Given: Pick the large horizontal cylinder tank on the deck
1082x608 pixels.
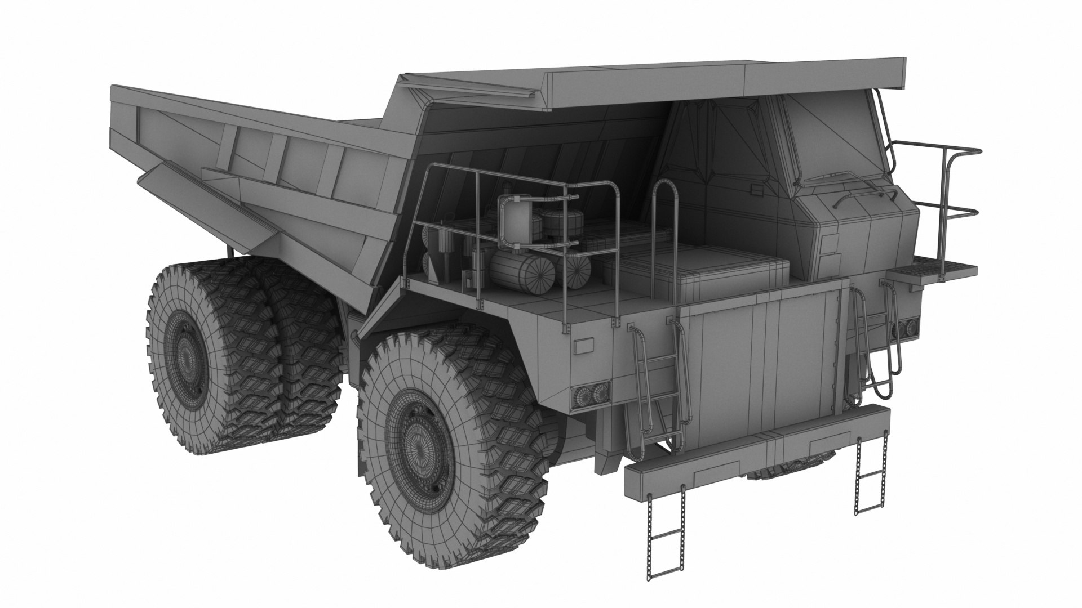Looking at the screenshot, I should (518, 273).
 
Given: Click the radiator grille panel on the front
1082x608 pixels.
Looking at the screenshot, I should (761, 366).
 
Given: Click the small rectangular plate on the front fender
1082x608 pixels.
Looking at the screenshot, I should (584, 346).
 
